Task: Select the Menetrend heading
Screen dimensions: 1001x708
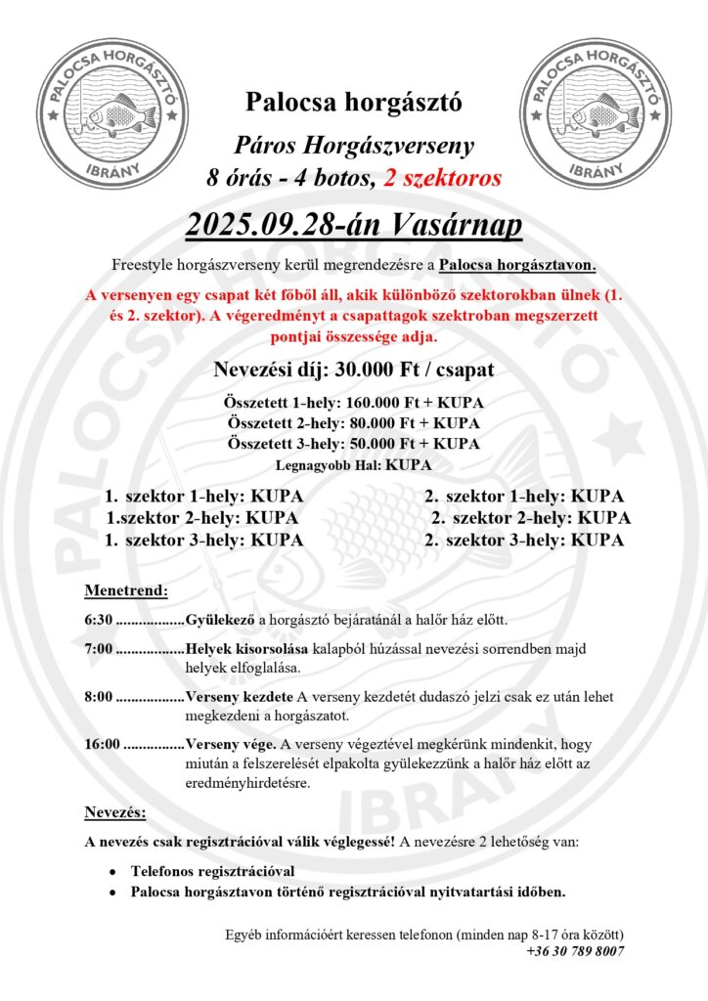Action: click(126, 590)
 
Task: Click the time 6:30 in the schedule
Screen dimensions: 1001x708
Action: click(99, 620)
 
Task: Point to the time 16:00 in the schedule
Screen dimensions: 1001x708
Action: click(103, 744)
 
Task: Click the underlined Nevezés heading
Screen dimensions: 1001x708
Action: click(115, 812)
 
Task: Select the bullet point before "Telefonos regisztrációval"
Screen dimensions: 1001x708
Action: click(113, 871)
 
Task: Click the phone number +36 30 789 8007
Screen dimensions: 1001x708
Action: click(575, 950)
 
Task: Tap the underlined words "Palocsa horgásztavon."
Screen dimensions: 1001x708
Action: click(518, 265)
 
